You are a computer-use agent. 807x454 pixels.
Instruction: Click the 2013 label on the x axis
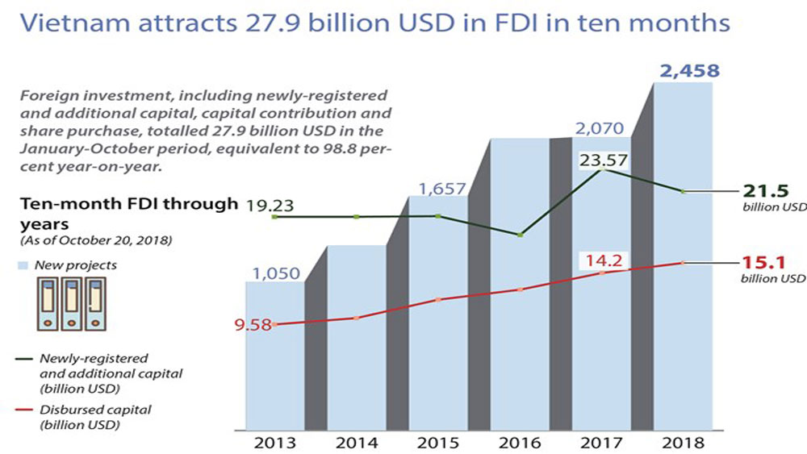pyautogui.click(x=274, y=442)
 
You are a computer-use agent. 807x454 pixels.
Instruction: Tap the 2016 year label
pyautogui.click(x=519, y=442)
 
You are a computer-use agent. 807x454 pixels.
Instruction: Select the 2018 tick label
pyautogui.click(x=683, y=442)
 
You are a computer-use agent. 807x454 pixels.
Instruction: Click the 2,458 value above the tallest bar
pyautogui.click(x=689, y=72)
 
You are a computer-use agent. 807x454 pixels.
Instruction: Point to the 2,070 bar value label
pyautogui.click(x=602, y=127)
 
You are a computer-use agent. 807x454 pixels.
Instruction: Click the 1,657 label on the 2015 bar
pyautogui.click(x=441, y=190)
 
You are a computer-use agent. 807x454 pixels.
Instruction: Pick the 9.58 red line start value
pyautogui.click(x=253, y=327)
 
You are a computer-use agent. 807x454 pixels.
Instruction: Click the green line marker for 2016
pyautogui.click(x=521, y=235)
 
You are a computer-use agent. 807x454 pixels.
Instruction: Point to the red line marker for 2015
pyautogui.click(x=438, y=300)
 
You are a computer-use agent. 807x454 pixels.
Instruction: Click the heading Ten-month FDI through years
pyautogui.click(x=129, y=212)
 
